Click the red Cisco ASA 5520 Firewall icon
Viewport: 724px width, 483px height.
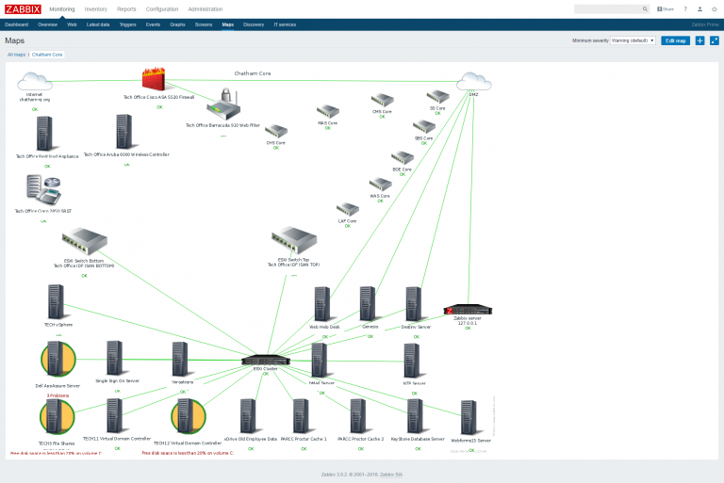click(x=155, y=80)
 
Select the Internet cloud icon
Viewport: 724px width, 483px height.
click(x=35, y=82)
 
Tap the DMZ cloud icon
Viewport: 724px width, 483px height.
click(x=473, y=82)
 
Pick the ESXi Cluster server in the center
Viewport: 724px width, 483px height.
click(x=265, y=360)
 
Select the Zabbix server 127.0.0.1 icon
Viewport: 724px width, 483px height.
click(x=469, y=310)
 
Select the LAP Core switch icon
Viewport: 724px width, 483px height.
click(x=348, y=209)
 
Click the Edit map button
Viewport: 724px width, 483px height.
click(x=675, y=40)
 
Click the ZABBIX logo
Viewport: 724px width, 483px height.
click(x=23, y=8)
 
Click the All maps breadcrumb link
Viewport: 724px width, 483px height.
click(x=17, y=55)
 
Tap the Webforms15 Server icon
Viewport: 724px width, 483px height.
click(x=469, y=418)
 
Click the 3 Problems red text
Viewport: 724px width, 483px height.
click(x=58, y=395)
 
